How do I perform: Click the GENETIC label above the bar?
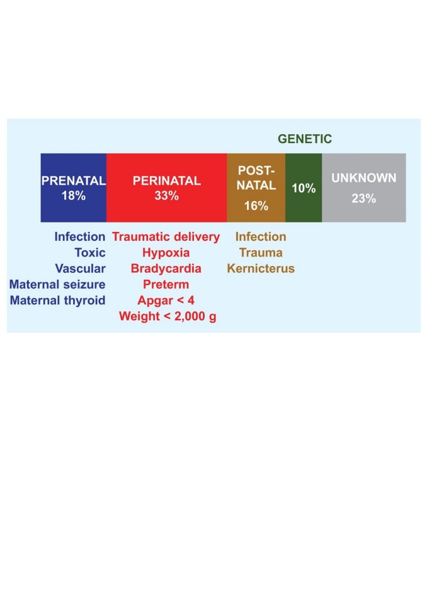305,139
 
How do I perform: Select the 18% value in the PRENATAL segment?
74,195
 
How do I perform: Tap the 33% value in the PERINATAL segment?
167,195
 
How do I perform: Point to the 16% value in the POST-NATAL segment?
256,205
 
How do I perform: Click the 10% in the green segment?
304,188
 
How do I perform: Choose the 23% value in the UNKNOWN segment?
364,199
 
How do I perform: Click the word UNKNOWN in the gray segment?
364,178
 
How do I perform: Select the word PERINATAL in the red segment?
167,181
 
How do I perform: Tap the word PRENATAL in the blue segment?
74,181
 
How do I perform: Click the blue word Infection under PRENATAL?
80,236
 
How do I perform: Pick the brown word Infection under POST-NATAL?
261,236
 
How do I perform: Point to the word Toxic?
90,253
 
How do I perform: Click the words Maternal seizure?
57,284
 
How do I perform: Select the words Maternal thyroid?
58,300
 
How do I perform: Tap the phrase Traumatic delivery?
166,236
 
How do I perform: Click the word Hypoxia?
166,253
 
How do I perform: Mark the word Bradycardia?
166,268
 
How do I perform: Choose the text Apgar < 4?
166,300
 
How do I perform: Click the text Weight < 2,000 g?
168,316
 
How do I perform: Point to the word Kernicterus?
261,268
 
